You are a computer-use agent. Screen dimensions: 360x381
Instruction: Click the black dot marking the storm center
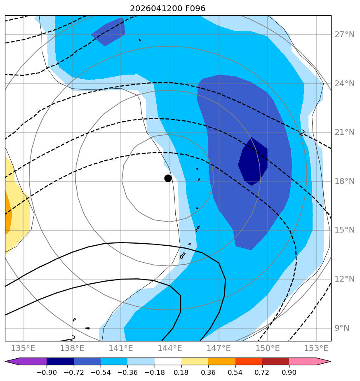(x=168, y=179)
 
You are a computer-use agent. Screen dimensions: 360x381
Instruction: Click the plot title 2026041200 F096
(x=168, y=9)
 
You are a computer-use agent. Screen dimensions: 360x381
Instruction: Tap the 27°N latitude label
(x=344, y=35)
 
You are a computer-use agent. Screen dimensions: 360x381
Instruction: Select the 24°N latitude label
(x=344, y=84)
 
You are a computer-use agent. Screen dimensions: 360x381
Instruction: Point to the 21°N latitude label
(x=344, y=132)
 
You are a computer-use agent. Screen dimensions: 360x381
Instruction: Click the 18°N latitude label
(x=344, y=181)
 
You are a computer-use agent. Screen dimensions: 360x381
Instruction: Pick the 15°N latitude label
(x=344, y=230)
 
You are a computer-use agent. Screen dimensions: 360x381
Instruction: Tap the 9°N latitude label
(x=342, y=328)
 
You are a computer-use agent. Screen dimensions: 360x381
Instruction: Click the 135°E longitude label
(x=23, y=348)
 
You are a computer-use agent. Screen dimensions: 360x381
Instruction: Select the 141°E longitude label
(x=121, y=348)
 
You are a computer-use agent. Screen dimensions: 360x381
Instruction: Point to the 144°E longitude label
(x=170, y=348)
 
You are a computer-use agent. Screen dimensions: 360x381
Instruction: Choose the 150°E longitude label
(x=268, y=348)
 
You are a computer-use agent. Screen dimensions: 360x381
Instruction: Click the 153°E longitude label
(x=316, y=348)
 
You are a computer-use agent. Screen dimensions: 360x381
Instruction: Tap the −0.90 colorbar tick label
(x=47, y=372)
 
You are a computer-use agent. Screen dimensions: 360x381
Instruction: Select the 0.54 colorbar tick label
(x=235, y=372)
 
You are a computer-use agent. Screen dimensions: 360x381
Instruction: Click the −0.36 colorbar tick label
(x=127, y=372)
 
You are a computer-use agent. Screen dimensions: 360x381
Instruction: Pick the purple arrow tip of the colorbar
(x=5, y=362)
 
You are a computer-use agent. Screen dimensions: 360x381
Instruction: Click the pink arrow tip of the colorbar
(x=331, y=362)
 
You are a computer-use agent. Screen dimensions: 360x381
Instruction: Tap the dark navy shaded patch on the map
(x=253, y=162)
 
